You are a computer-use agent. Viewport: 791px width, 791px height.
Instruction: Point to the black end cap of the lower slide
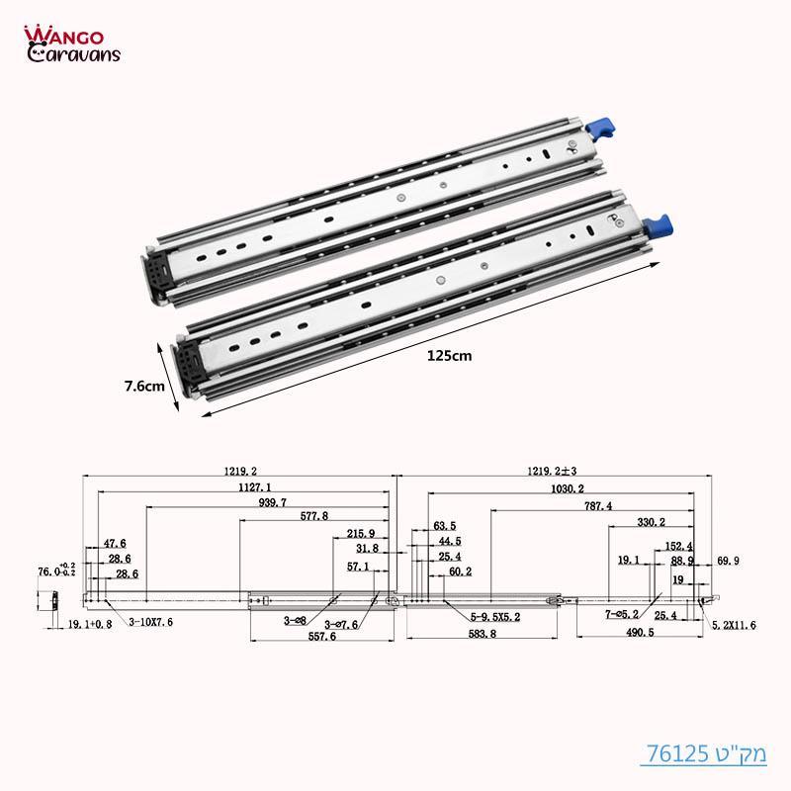pyautogui.click(x=188, y=362)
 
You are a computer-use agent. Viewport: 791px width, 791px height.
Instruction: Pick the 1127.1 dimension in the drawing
pyautogui.click(x=240, y=486)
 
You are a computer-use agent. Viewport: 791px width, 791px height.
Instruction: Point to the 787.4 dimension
pyautogui.click(x=596, y=504)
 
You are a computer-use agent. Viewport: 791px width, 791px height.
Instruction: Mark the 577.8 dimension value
pyautogui.click(x=314, y=517)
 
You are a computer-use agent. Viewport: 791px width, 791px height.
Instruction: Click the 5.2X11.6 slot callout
pyautogui.click(x=734, y=626)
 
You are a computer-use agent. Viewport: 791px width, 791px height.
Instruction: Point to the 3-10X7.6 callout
pyautogui.click(x=151, y=623)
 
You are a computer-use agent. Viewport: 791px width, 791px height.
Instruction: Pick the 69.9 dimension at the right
pyautogui.click(x=728, y=561)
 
